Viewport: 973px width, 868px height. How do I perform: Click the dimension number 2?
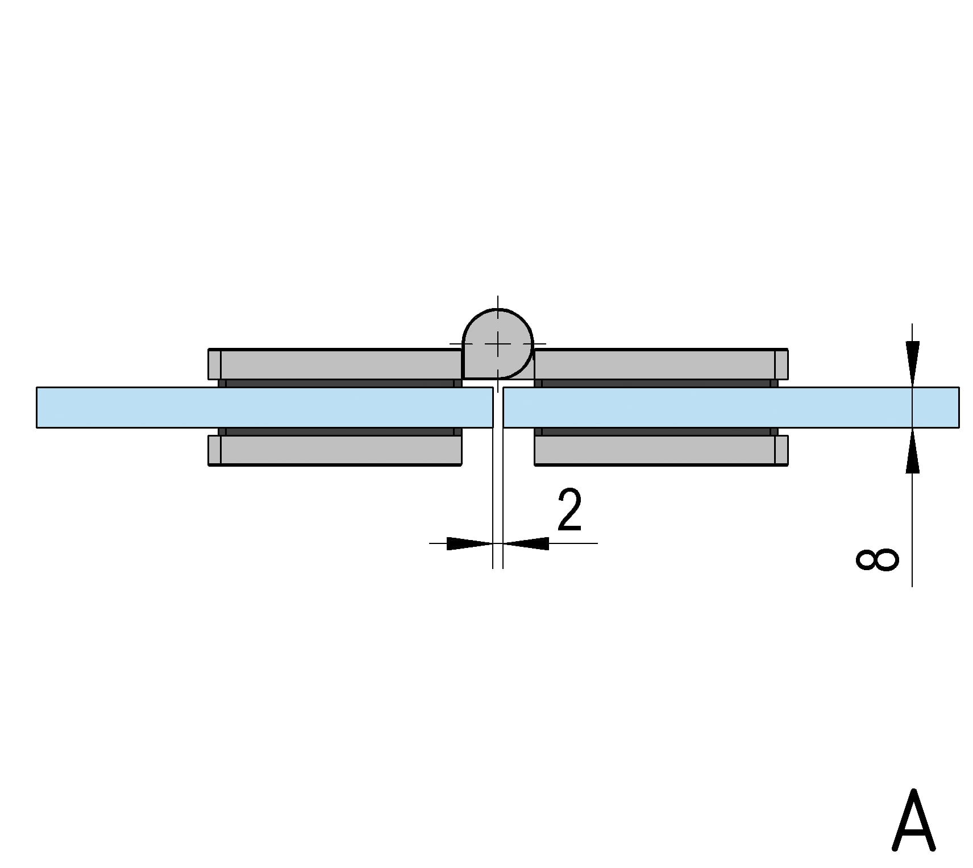coord(569,510)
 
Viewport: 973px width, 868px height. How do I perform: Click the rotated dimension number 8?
coord(877,559)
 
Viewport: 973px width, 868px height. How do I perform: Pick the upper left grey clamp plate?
coord(335,364)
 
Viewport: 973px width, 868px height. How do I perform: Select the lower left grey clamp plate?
coord(335,450)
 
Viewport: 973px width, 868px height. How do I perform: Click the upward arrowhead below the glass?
coord(912,452)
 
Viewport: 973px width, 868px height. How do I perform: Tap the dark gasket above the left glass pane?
coord(340,383)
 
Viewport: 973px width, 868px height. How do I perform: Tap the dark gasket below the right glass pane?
coord(656,431)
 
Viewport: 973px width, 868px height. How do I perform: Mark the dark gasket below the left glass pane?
coord(340,431)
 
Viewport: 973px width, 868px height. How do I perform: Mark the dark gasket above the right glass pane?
coord(656,383)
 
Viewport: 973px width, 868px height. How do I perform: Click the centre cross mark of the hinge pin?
coord(498,344)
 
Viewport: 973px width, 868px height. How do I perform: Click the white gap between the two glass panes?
coord(498,407)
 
